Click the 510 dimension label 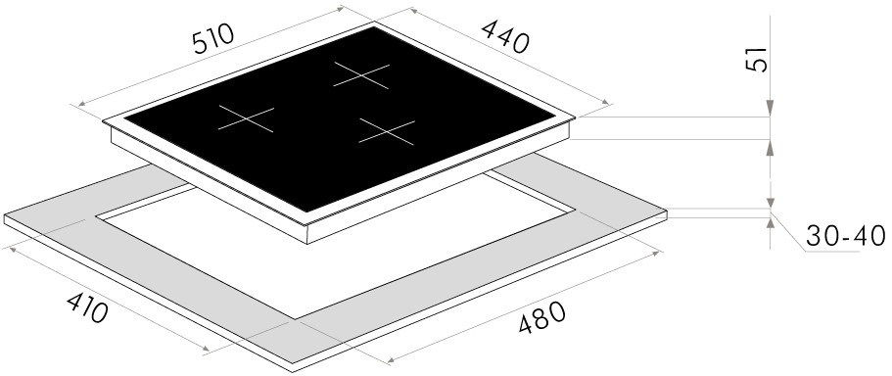pos(213,39)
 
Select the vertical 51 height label pos(757,60)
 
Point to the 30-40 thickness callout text pos(846,236)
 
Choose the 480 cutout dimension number pos(542,317)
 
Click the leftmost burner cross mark pos(246,118)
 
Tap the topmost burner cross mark pos(361,75)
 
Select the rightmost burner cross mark pos(387,131)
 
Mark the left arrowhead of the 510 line pos(82,104)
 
